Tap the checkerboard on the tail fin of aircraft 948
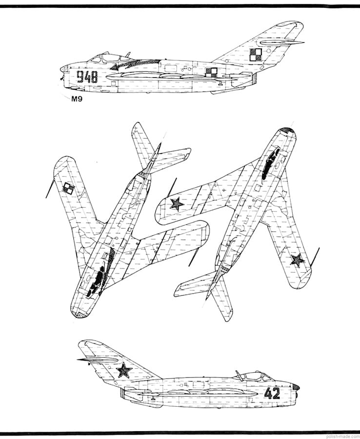(256, 54)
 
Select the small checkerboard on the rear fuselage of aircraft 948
(211, 72)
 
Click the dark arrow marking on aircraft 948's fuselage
(132, 64)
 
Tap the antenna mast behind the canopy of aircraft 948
(127, 55)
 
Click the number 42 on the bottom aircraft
(272, 393)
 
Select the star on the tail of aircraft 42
(125, 371)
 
